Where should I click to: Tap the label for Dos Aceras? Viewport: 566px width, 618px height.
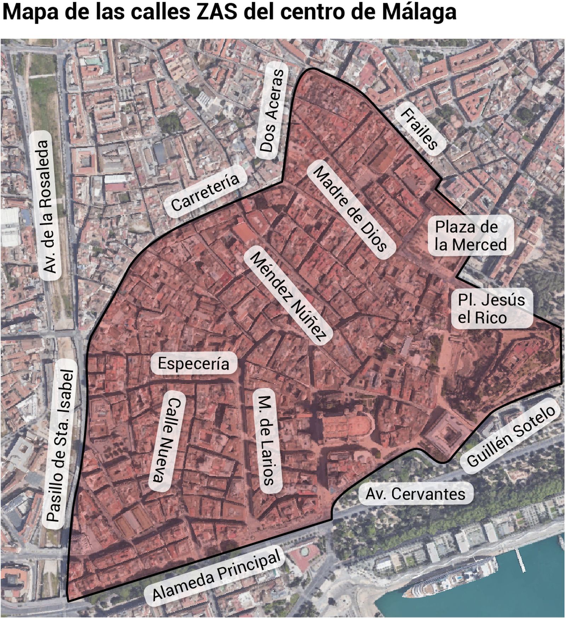tap(272, 111)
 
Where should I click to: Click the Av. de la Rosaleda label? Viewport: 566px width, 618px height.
tap(48, 206)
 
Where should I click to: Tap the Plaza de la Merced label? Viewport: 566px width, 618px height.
tap(470, 236)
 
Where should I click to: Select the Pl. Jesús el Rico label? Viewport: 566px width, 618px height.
tap(491, 308)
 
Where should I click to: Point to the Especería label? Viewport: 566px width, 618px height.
tap(194, 363)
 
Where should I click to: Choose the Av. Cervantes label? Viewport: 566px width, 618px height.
tap(415, 494)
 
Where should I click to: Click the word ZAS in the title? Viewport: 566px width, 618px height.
tap(216, 12)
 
